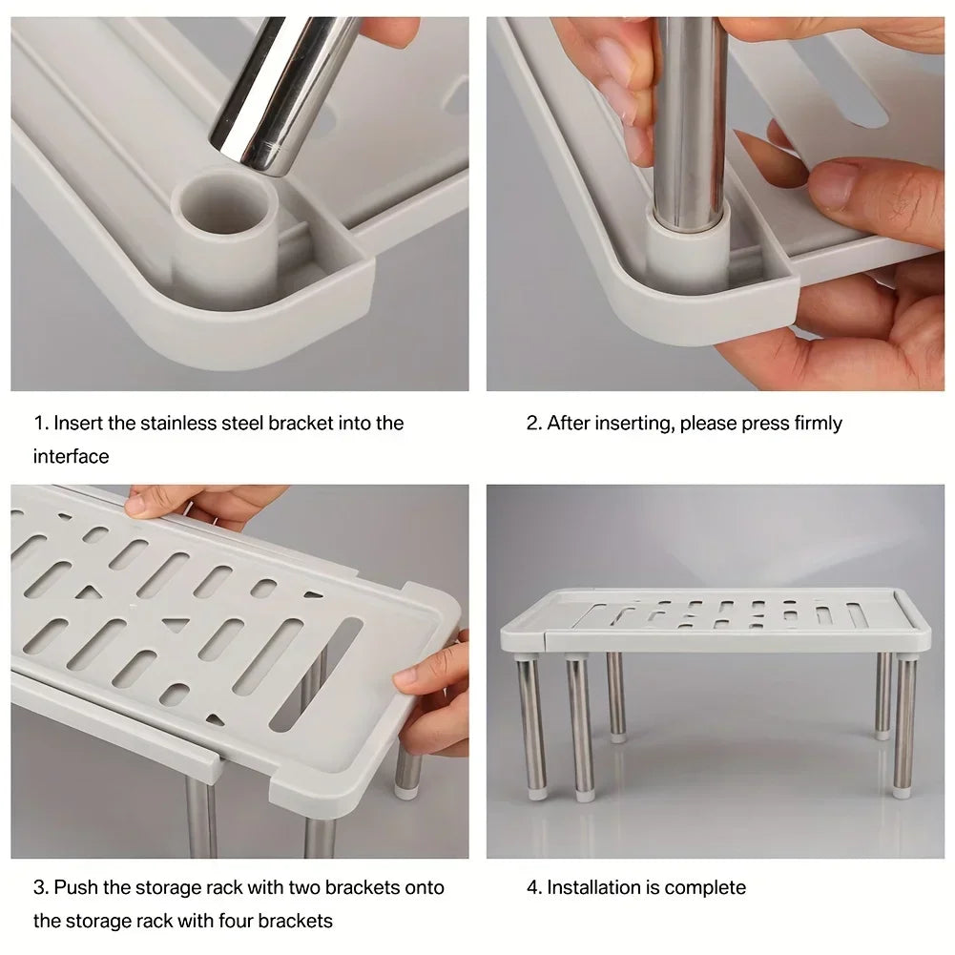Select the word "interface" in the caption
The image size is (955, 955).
(72, 456)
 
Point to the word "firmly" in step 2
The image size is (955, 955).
(818, 423)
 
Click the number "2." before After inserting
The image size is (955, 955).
(534, 423)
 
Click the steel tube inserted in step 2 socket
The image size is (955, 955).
(691, 124)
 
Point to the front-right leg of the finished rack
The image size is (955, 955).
(903, 725)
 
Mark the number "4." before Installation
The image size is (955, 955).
(534, 887)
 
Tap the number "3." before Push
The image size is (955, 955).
(41, 887)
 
